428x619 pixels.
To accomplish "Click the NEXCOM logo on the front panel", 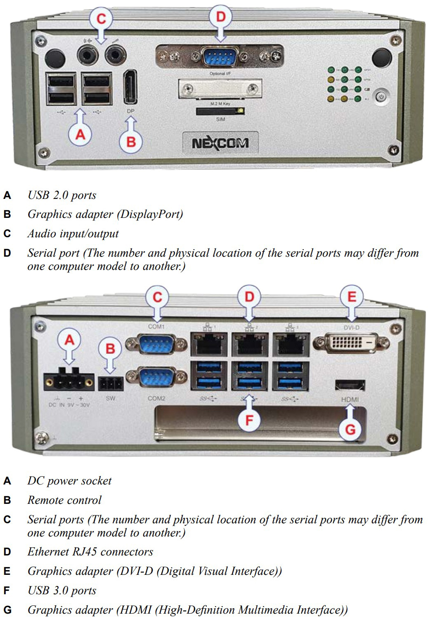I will click(220, 143).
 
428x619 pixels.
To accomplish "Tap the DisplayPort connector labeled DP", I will click(130, 87).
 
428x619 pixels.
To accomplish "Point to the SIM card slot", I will click(219, 111).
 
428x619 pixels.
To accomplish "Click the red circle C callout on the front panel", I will click(101, 19).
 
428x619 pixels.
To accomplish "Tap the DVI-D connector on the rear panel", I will click(351, 343).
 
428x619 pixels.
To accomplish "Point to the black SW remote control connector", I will click(111, 384).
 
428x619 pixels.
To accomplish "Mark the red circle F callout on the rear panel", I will click(249, 420).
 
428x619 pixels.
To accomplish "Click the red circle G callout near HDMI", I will click(350, 429).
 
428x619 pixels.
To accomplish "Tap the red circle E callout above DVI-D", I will click(352, 297).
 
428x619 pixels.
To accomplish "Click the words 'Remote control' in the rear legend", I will click(64, 500).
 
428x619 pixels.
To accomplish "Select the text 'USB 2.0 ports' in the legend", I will click(61, 195).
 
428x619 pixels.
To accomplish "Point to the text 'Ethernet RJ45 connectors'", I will click(90, 552).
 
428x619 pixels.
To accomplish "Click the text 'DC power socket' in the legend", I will click(69, 481).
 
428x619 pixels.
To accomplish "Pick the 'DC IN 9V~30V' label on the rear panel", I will click(69, 405).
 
